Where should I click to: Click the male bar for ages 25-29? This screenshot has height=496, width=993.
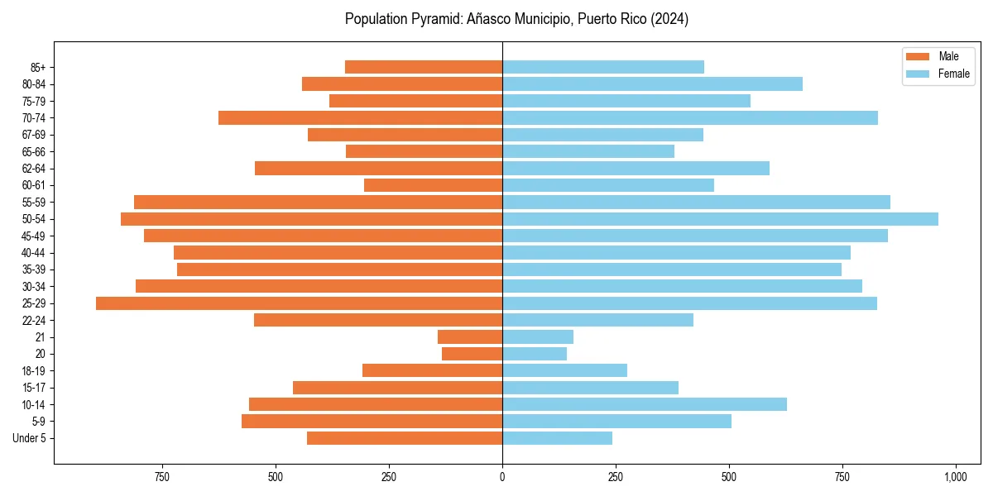click(299, 303)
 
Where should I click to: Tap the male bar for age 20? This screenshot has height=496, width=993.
click(472, 354)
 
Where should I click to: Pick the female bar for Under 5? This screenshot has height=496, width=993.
click(557, 438)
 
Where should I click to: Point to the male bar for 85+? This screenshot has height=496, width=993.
click(424, 67)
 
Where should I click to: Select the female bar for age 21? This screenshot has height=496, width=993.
click(538, 337)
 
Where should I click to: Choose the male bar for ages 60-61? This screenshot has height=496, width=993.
click(433, 185)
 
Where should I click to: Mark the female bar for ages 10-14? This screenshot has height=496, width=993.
click(644, 404)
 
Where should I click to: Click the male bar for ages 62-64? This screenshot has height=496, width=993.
click(378, 169)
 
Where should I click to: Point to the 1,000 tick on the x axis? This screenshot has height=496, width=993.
click(955, 477)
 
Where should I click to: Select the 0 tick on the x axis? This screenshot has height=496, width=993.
click(502, 477)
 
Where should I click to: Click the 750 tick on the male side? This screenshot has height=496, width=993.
click(162, 477)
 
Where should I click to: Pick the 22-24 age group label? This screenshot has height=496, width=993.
click(33, 321)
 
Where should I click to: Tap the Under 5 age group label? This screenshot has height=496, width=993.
click(29, 438)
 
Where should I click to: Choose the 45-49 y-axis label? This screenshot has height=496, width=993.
click(33, 236)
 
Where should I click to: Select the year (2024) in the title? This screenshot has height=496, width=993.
click(669, 19)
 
